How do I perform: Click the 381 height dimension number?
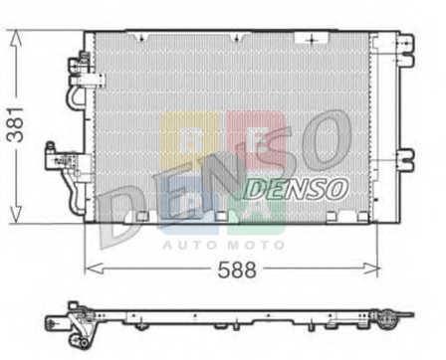point(16,124)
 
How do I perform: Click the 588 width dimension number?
point(237,270)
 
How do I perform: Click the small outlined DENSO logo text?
point(296,189)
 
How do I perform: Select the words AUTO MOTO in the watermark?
point(224,245)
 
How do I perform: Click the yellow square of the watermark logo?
point(190,138)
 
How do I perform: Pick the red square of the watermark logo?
point(257,138)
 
